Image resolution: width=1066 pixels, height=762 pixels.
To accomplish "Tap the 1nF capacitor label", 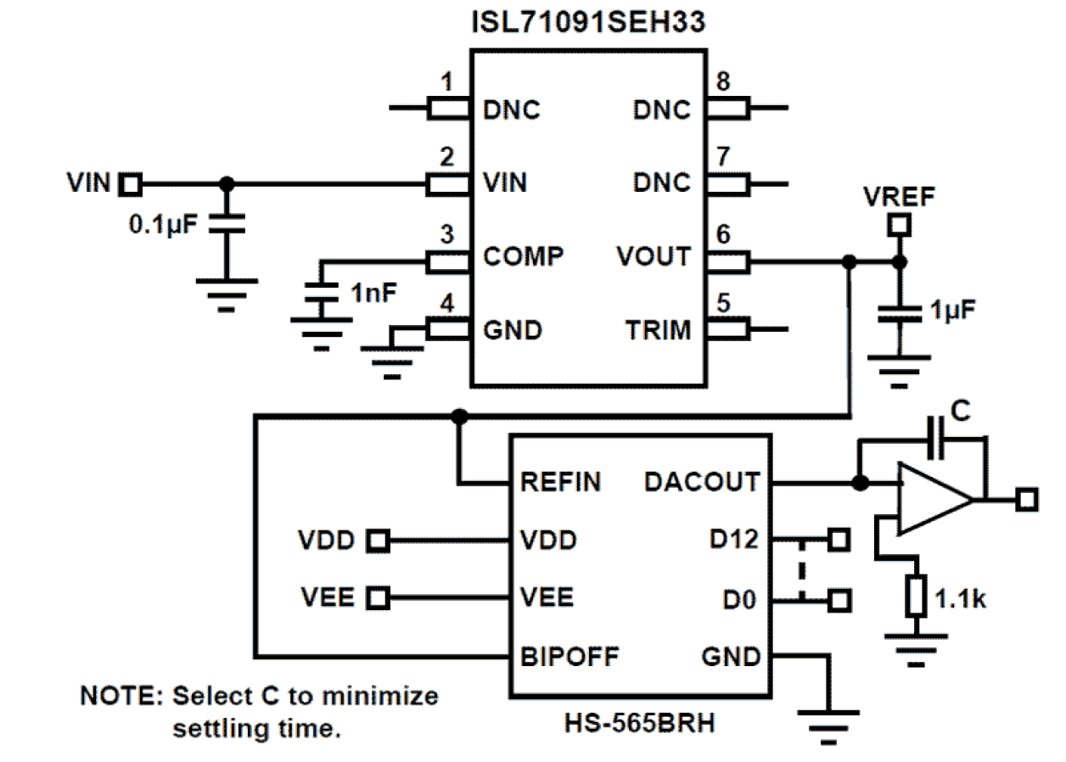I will (374, 294).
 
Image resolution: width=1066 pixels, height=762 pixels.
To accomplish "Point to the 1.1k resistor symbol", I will (916, 594).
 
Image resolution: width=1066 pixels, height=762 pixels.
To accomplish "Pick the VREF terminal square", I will (899, 226).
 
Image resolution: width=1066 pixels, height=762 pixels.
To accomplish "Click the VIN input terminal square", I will (132, 182).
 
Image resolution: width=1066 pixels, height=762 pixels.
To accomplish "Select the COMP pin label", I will (523, 256).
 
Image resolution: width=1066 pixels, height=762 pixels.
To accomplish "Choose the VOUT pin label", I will (655, 256).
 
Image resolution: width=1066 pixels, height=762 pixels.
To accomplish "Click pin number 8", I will (722, 82).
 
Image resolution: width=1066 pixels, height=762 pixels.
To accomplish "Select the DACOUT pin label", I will (701, 483).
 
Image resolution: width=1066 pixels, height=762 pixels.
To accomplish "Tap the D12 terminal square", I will (839, 540).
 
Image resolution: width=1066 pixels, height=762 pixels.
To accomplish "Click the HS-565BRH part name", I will (638, 724).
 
